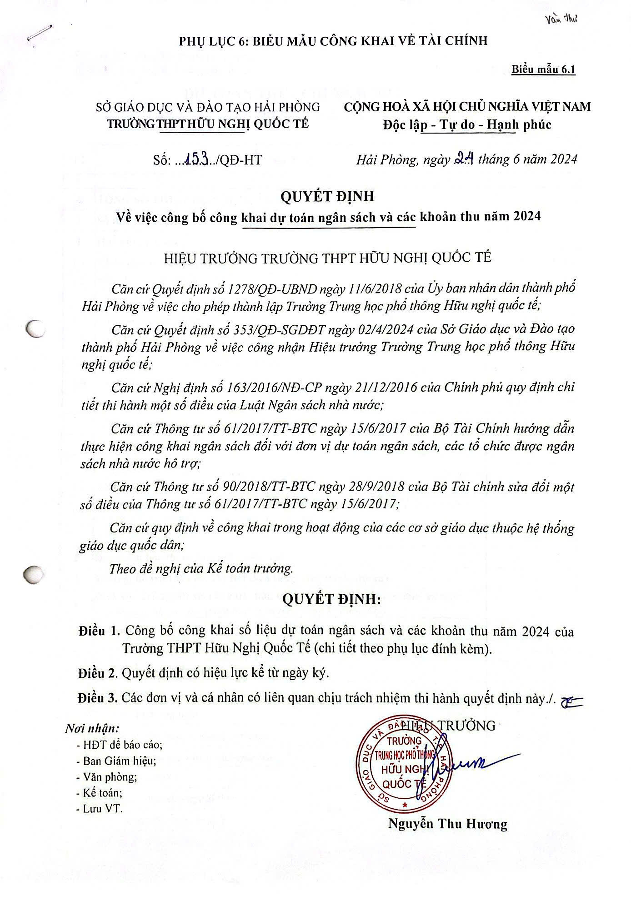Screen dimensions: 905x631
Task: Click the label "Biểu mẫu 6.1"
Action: coord(543,70)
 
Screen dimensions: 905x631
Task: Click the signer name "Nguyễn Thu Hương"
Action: coord(447,824)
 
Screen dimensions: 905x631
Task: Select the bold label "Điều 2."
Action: coord(98,673)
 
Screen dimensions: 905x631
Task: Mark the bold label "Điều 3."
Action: coord(98,697)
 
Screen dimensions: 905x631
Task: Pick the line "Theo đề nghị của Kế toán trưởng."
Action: coord(201,568)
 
